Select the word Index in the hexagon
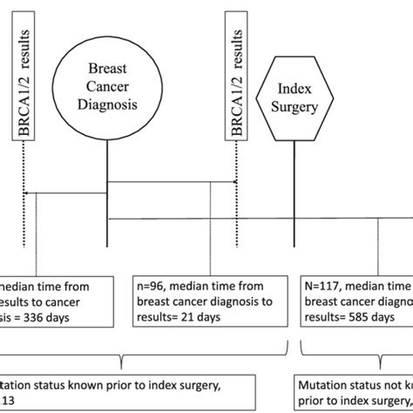coord(295,91)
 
